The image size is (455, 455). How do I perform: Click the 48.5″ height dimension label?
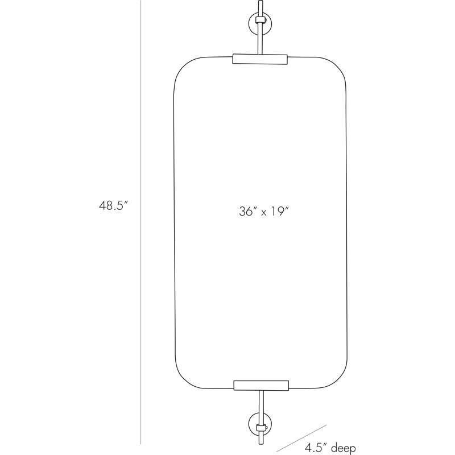tap(113, 205)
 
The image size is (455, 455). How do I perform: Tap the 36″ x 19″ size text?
tap(264, 211)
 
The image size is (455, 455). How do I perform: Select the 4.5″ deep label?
tap(330, 448)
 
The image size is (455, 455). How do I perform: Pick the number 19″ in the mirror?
tap(280, 211)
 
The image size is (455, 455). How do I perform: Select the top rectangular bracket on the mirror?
tap(260, 59)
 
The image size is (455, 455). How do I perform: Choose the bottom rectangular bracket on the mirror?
tap(261, 385)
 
